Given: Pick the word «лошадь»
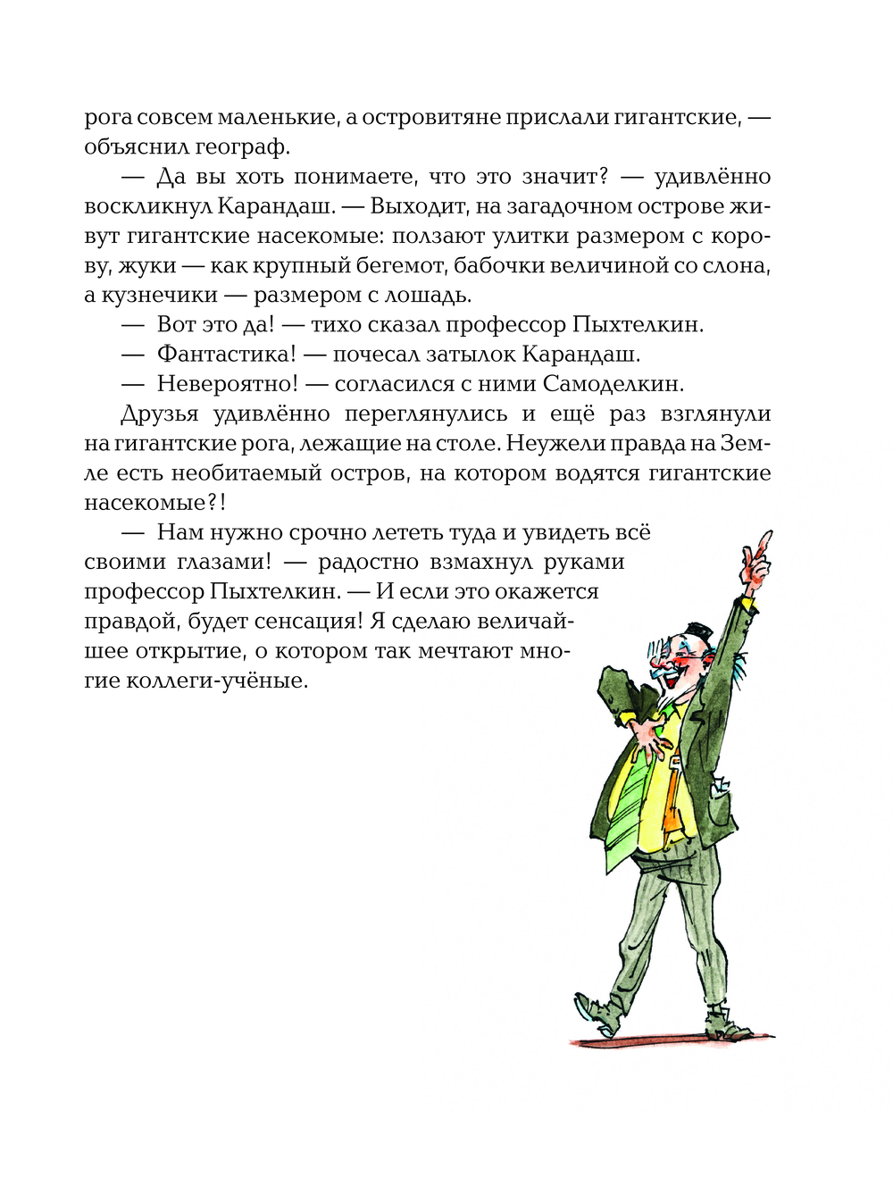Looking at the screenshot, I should point(430,295).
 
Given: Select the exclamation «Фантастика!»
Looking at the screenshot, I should point(226,355).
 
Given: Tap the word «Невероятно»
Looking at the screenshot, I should point(227,384).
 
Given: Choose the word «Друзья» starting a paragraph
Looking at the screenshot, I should point(159,414).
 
